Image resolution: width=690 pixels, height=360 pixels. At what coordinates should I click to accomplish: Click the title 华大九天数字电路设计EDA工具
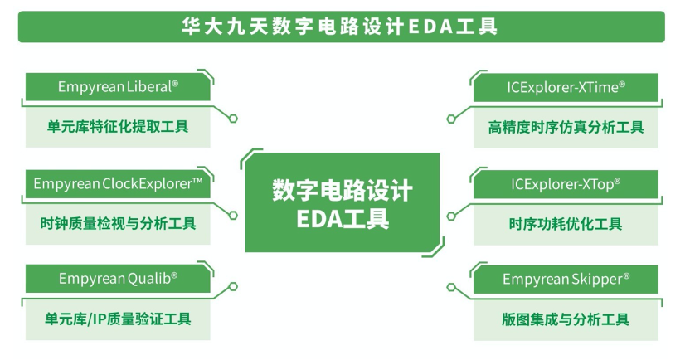[339, 27]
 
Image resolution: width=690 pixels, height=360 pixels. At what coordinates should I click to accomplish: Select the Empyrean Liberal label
[118, 87]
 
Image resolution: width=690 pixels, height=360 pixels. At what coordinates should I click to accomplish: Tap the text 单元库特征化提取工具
[118, 127]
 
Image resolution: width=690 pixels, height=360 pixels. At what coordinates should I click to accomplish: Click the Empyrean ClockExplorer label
[118, 183]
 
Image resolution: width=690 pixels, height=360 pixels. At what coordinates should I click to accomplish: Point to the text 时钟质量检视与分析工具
[118, 224]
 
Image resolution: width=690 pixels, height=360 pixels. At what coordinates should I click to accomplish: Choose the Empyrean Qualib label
[118, 279]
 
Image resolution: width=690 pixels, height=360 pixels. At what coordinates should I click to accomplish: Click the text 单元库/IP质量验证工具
[118, 319]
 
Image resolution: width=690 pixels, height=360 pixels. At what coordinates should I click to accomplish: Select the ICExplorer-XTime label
[566, 87]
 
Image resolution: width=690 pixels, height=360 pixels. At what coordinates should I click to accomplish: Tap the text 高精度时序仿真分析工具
[566, 128]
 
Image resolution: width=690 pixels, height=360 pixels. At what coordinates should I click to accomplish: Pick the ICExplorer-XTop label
[566, 184]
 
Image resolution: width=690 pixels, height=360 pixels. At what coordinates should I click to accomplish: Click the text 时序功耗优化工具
[566, 224]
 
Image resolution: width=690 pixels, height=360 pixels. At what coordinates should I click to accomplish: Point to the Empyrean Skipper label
[566, 279]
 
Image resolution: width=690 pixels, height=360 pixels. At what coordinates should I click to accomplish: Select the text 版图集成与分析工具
[566, 319]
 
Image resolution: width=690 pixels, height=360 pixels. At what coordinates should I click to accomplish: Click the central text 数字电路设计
[343, 190]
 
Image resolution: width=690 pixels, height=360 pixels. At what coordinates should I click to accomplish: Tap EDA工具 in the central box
[343, 219]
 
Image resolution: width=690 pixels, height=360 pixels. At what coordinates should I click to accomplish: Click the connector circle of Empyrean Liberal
[233, 119]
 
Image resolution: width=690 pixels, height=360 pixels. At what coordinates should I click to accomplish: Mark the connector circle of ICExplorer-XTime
[451, 119]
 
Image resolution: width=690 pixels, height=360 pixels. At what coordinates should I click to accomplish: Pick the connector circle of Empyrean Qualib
[233, 286]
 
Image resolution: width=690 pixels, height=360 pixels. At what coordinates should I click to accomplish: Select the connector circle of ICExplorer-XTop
[451, 216]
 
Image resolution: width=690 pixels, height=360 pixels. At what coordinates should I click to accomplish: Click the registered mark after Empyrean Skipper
[627, 276]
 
